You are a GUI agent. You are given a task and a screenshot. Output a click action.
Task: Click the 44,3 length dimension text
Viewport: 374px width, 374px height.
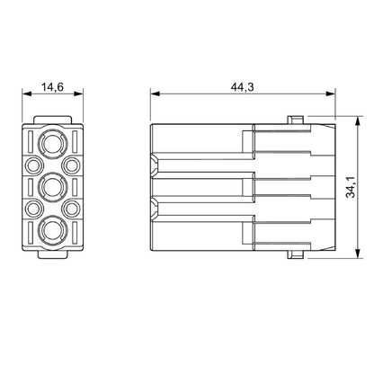[x=240, y=86]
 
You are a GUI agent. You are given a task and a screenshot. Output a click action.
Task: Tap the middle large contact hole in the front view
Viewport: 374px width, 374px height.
[x=50, y=187]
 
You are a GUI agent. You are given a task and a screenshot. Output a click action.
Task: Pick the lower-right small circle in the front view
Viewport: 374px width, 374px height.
[x=68, y=209]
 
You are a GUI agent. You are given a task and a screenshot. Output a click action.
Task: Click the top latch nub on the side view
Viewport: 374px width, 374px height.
[x=294, y=119]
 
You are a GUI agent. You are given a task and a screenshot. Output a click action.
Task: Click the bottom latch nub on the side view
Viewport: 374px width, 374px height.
[x=294, y=255]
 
